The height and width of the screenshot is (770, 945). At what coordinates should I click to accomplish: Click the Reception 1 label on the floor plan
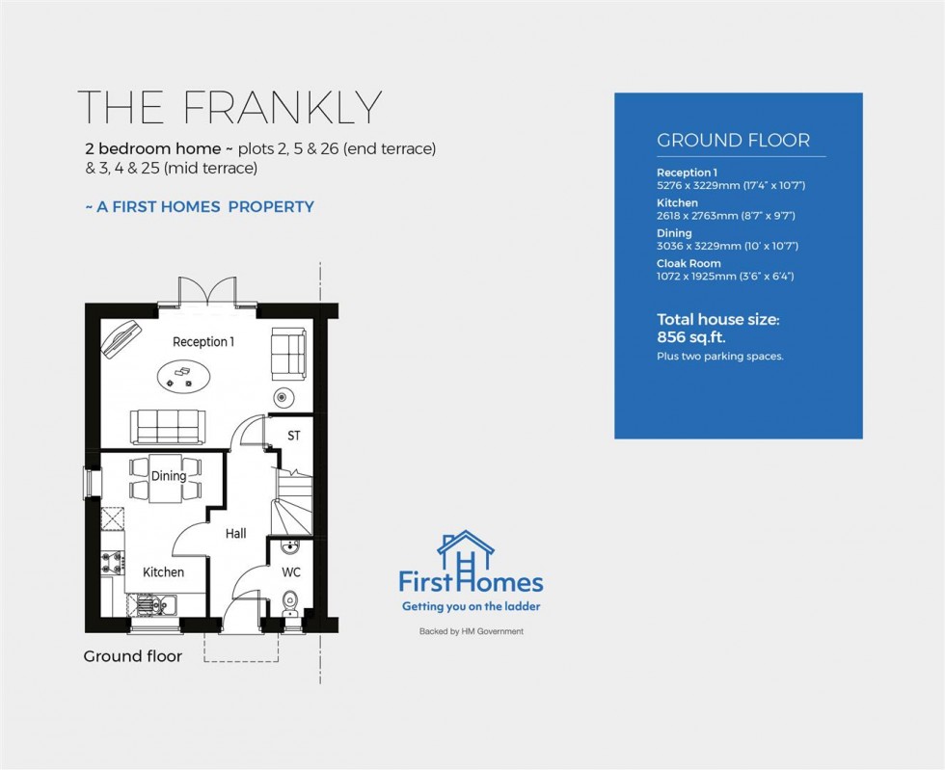pyautogui.click(x=202, y=342)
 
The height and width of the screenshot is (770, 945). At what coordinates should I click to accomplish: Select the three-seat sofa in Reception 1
pyautogui.click(x=168, y=424)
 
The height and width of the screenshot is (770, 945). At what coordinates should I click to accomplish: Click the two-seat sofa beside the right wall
pyautogui.click(x=287, y=353)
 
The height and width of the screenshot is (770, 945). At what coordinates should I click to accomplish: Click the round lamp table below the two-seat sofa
pyautogui.click(x=283, y=396)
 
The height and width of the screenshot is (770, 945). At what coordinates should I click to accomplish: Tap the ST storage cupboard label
pyautogui.click(x=294, y=436)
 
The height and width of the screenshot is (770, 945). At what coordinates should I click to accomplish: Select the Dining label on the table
pyautogui.click(x=168, y=475)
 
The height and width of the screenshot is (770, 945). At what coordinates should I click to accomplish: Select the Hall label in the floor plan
pyautogui.click(x=236, y=533)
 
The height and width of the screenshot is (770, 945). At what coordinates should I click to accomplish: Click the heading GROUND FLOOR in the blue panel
pyautogui.click(x=733, y=140)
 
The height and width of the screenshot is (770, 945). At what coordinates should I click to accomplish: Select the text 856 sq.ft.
pyautogui.click(x=690, y=337)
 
